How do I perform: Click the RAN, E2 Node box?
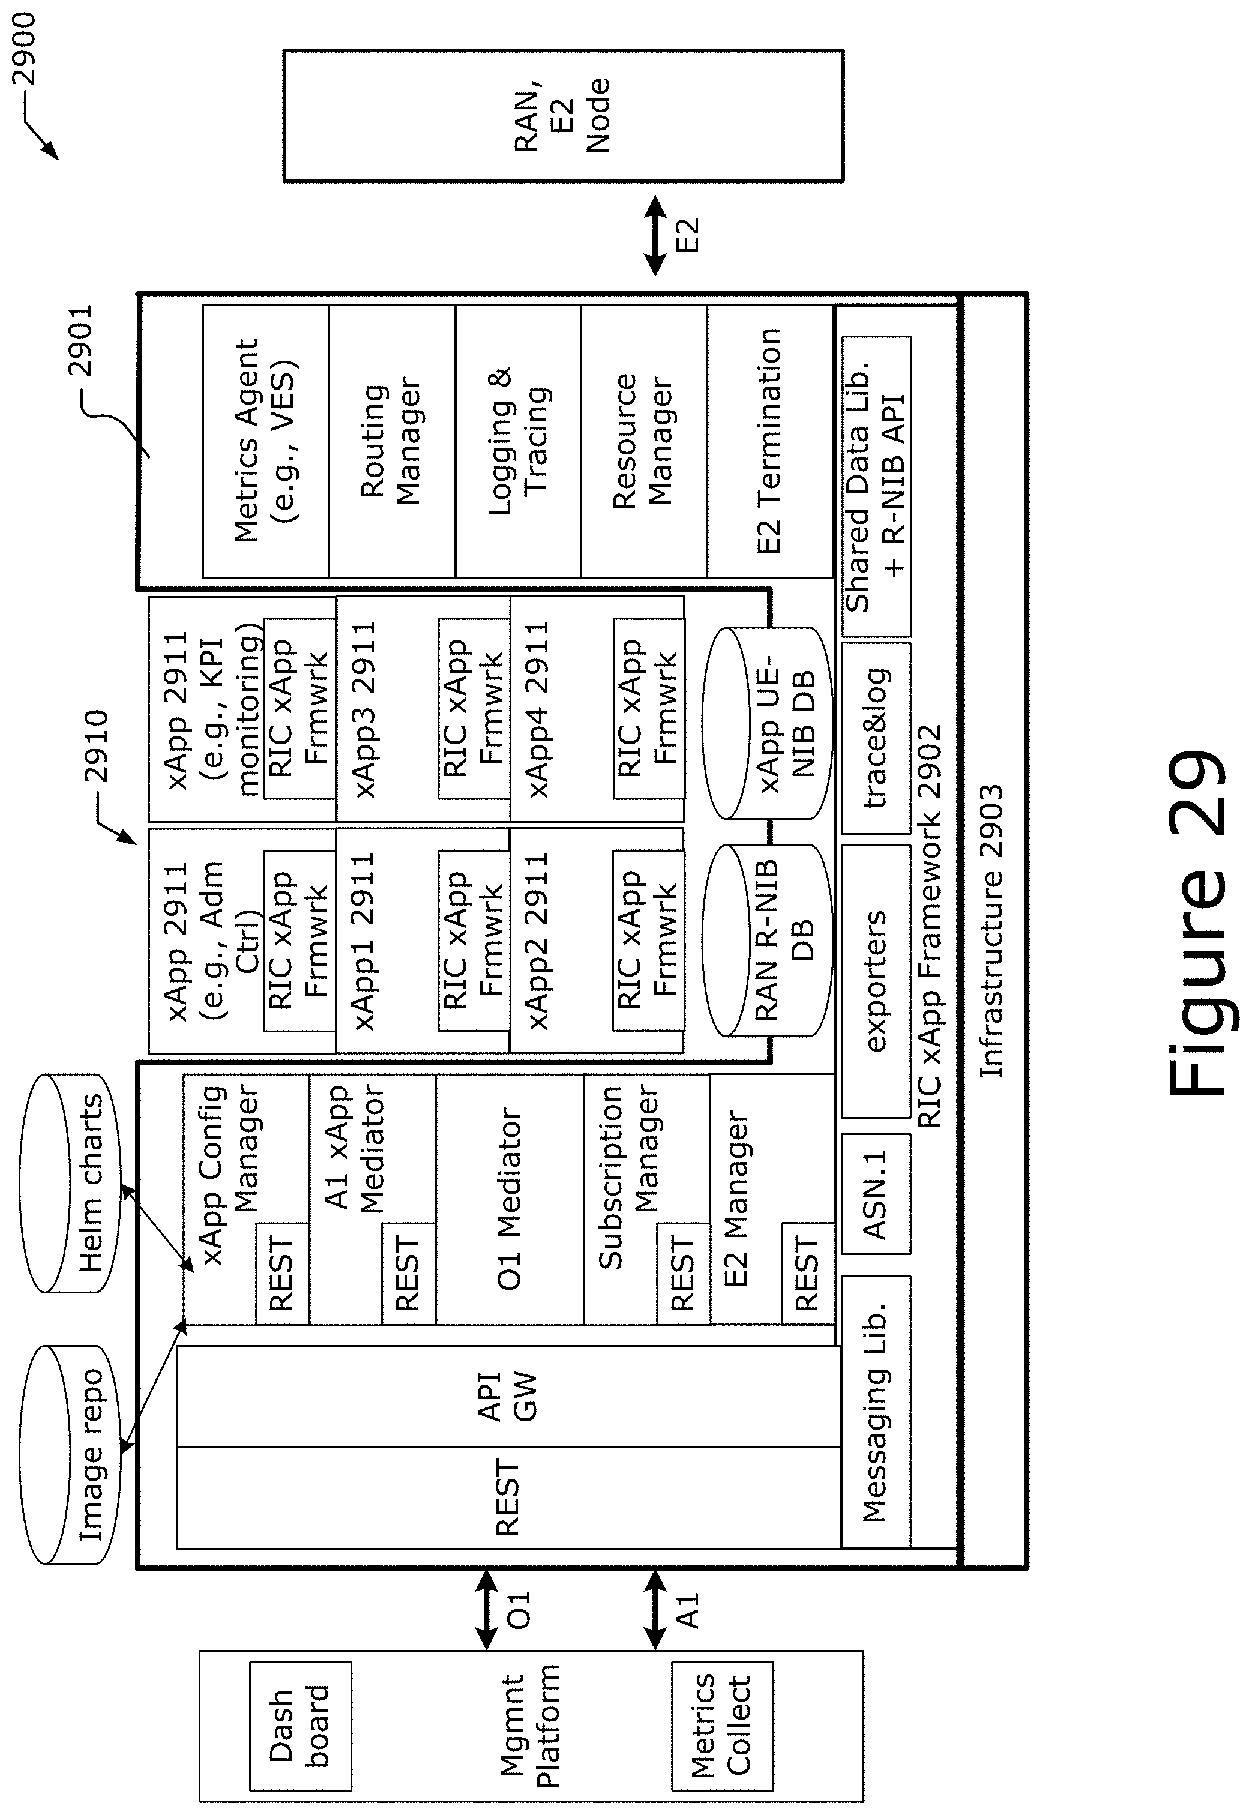[563, 116]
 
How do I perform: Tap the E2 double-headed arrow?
[655, 235]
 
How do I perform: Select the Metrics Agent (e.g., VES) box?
[266, 441]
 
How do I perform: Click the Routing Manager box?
[393, 441]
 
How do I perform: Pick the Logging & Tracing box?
[519, 441]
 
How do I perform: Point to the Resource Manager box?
[644, 441]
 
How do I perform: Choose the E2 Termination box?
[770, 441]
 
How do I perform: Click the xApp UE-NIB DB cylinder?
[766, 723]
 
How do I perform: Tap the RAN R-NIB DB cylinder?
[766, 941]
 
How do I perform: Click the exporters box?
[876, 981]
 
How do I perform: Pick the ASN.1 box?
[876, 1194]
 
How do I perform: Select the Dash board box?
[301, 1726]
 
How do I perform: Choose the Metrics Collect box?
[723, 1726]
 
